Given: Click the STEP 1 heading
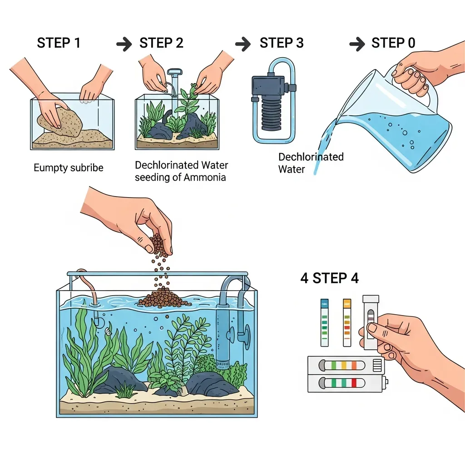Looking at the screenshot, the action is [59, 43].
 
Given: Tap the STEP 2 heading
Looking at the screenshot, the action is [161, 43].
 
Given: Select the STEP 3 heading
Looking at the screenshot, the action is [282, 43].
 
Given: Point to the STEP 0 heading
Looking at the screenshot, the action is [393, 43].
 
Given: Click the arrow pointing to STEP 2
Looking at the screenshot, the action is [124, 44].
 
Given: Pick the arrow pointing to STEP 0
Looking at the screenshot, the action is [357, 44].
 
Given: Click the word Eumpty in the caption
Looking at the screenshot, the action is [49, 168].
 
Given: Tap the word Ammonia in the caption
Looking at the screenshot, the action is [205, 178].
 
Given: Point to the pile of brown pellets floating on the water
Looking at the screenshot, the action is [163, 298].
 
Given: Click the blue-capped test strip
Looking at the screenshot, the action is [324, 323].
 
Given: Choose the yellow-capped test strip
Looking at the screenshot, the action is [347, 323].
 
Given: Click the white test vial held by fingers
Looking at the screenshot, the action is [371, 322].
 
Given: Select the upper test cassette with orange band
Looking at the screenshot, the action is [346, 365].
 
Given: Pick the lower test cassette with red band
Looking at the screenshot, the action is [347, 383].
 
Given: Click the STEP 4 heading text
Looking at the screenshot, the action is [330, 278].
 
